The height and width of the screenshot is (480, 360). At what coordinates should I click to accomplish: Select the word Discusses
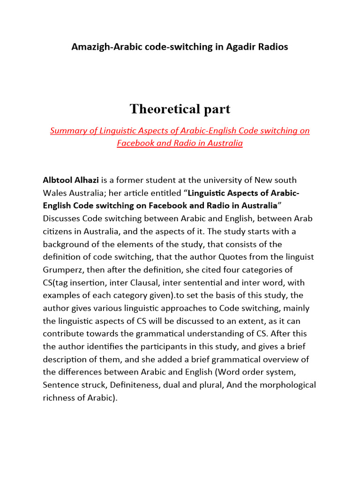tap(61, 218)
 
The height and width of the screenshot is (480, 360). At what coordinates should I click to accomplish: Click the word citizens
tap(58, 232)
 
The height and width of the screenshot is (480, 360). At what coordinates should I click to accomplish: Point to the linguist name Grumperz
tap(63, 270)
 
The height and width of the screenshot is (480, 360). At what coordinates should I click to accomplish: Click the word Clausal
tap(150, 283)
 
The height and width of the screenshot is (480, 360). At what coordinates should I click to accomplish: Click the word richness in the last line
tap(59, 398)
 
